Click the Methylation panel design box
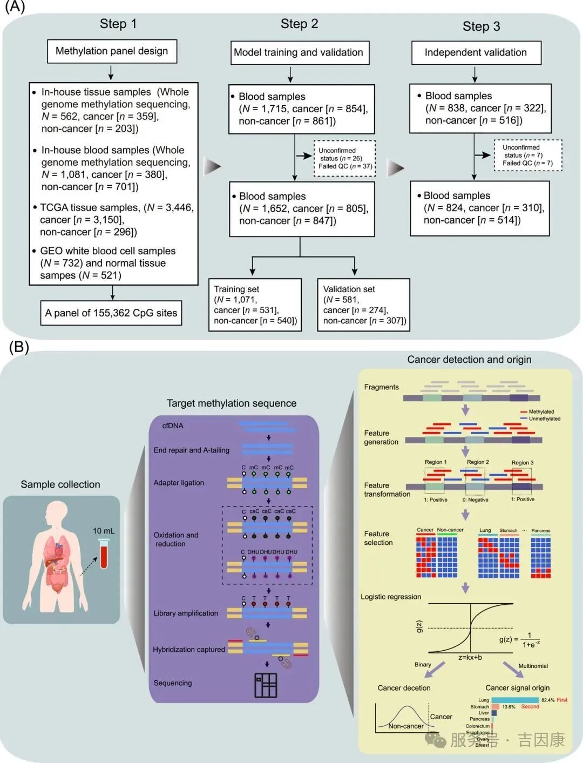[112, 51]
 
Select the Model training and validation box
[299, 52]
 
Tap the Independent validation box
[476, 52]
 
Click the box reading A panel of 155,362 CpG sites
[111, 313]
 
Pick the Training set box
[255, 305]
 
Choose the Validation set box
[363, 305]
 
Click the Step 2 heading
[299, 24]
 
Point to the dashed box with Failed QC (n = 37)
[344, 159]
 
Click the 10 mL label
[103, 531]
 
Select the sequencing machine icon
[266, 685]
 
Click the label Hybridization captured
[189, 650]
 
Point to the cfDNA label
[173, 426]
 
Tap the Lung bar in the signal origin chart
[514, 700]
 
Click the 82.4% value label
[548, 700]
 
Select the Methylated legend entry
[541, 411]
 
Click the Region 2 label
[478, 462]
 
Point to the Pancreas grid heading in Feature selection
[540, 530]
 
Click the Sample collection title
[60, 484]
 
